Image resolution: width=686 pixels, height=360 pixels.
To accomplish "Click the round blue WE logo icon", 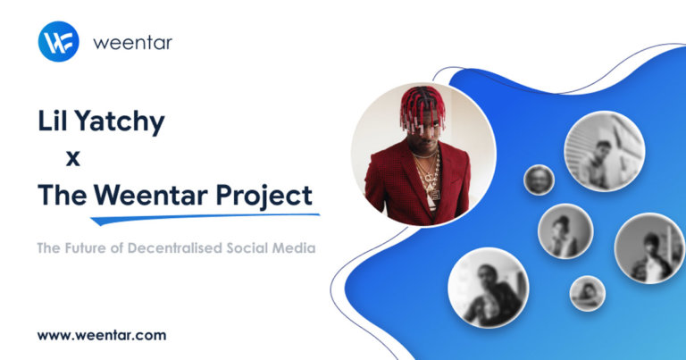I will tap(59, 41).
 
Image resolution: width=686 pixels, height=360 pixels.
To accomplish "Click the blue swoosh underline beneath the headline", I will tap(205, 216).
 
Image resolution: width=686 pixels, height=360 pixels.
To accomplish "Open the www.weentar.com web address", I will tap(101, 336).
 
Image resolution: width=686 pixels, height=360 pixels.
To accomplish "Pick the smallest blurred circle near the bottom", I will tap(588, 292).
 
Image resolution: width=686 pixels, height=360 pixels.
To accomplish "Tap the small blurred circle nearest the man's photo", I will tap(539, 180).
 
